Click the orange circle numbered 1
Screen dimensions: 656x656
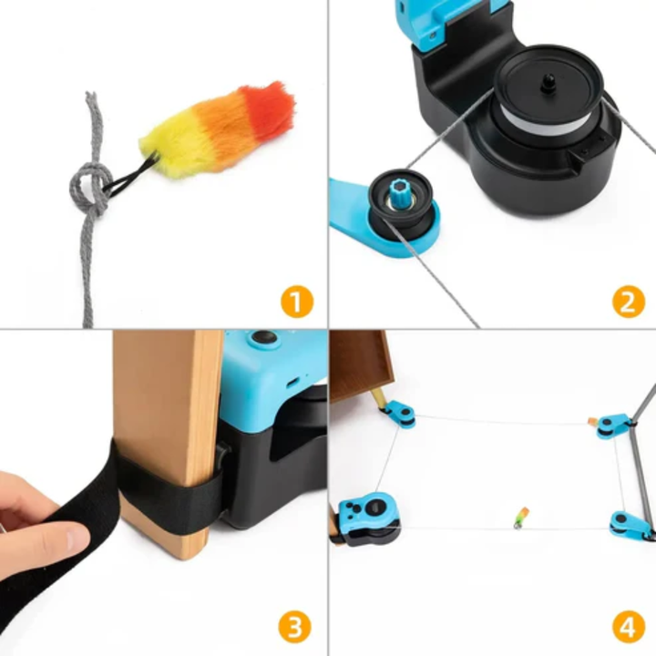296,302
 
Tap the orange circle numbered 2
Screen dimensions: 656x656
628,302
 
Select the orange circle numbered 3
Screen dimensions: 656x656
296,627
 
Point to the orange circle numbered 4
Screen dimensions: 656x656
628,627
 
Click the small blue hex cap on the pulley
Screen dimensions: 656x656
401,194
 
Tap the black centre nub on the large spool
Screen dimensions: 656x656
549,82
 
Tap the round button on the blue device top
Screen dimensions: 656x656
264,338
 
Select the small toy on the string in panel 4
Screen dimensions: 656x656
521,517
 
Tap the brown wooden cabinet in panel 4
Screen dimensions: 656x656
360,364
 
